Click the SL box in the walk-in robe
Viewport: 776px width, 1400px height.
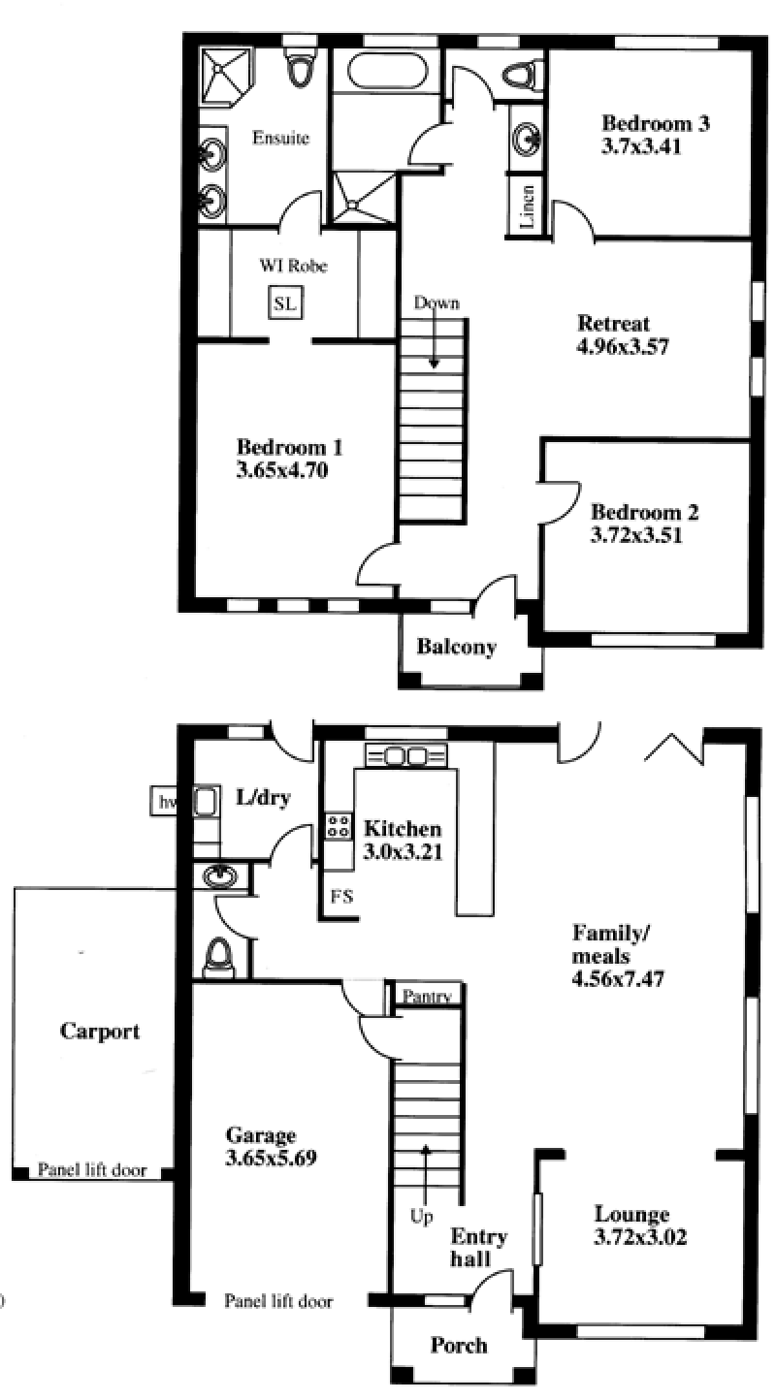tap(285, 303)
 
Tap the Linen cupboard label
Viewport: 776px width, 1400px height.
tap(528, 207)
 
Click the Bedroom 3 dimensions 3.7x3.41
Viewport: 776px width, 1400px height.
tap(641, 146)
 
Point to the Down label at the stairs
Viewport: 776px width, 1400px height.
tap(436, 303)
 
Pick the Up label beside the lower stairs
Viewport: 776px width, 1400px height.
tap(421, 1216)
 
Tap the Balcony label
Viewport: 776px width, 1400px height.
tap(457, 647)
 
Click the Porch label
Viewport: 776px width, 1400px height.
tap(459, 1345)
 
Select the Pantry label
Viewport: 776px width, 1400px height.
tap(427, 996)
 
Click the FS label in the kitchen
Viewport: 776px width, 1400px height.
tap(342, 896)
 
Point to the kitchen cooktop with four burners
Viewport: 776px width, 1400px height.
tap(339, 826)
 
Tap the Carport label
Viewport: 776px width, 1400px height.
tap(99, 1031)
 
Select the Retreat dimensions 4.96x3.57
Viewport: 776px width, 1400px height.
tap(623, 346)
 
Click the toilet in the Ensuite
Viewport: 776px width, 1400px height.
tap(300, 68)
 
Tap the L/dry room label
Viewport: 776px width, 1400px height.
tap(263, 798)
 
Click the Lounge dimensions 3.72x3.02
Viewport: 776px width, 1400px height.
tap(640, 1237)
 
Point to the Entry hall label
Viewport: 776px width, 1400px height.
tap(479, 1248)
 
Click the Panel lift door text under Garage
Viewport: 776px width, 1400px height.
tap(278, 1301)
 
